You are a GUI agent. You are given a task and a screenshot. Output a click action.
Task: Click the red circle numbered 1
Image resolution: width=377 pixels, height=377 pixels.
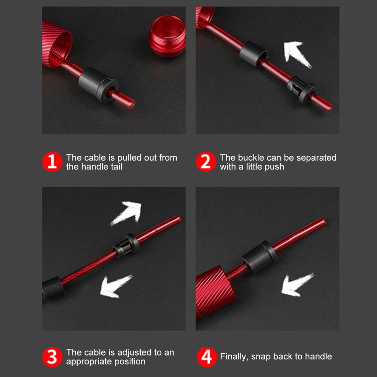[52, 162]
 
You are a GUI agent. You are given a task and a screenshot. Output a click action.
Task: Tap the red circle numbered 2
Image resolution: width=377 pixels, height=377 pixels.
[206, 162]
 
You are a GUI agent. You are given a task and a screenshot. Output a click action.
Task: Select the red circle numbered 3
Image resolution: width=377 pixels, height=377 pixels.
[52, 357]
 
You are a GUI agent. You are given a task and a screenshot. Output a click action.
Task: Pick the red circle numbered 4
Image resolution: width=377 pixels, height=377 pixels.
[206, 357]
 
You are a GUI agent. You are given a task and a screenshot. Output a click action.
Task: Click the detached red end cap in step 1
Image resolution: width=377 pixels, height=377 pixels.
[167, 36]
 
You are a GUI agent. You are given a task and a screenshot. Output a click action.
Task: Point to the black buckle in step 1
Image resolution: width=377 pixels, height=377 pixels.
[99, 84]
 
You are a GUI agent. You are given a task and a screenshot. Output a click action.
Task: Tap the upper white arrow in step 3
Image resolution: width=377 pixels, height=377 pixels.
[127, 213]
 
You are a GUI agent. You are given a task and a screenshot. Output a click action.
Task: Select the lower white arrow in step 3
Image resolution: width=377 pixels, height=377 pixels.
[115, 286]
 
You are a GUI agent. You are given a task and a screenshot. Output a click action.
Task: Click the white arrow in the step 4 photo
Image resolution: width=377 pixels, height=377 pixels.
[296, 285]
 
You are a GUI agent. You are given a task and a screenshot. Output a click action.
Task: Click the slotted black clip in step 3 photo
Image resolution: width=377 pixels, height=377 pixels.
[126, 245]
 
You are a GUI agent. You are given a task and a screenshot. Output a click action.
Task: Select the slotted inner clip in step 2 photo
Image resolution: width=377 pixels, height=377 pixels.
[301, 90]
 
